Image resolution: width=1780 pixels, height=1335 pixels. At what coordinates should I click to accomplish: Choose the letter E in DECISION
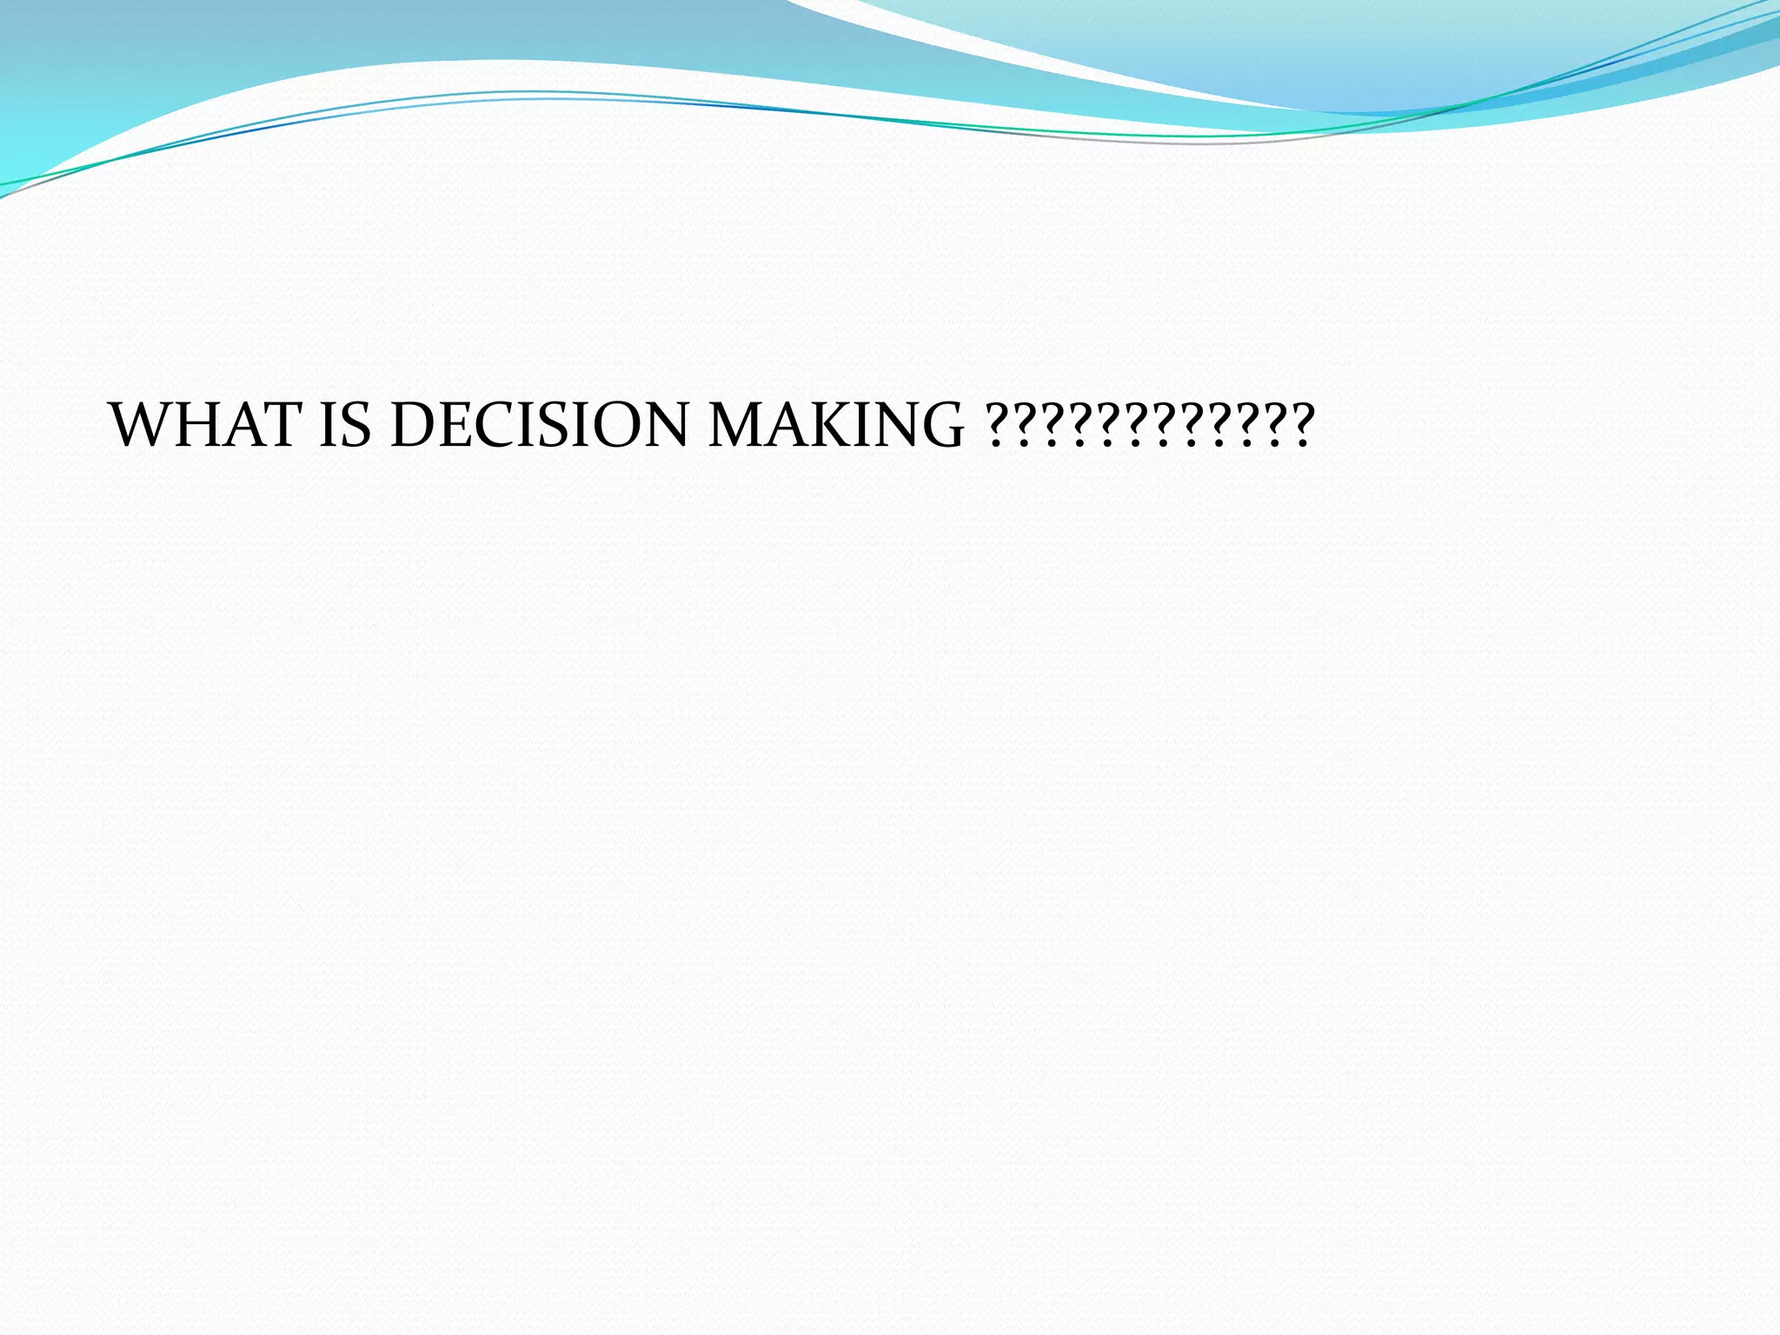pyautogui.click(x=455, y=426)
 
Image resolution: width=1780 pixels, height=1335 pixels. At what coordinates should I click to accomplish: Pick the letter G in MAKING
pyautogui.click(x=939, y=426)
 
